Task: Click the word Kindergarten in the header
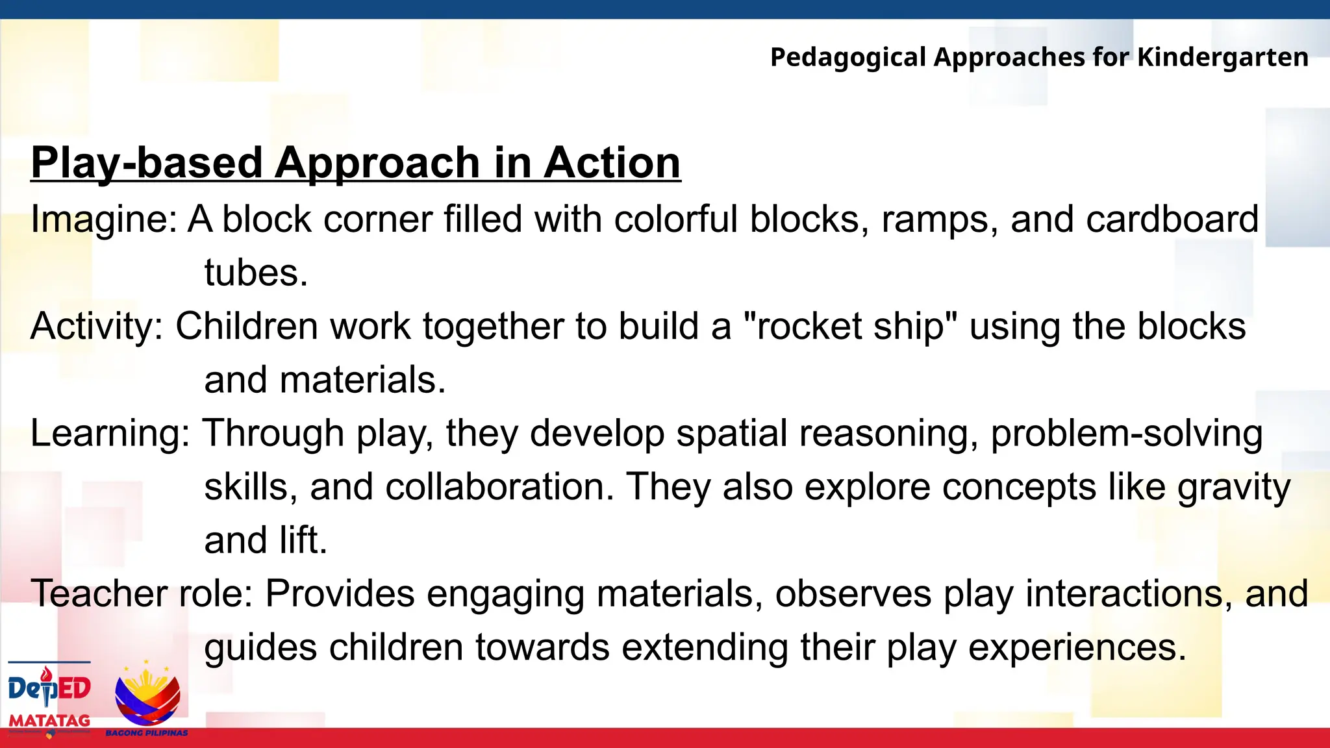click(1222, 58)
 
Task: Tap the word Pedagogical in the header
click(847, 58)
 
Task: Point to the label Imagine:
click(103, 219)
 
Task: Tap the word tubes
click(255, 273)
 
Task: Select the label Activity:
click(97, 326)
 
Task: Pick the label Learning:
click(110, 433)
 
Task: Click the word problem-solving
click(1127, 433)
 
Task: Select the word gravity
click(1234, 487)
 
